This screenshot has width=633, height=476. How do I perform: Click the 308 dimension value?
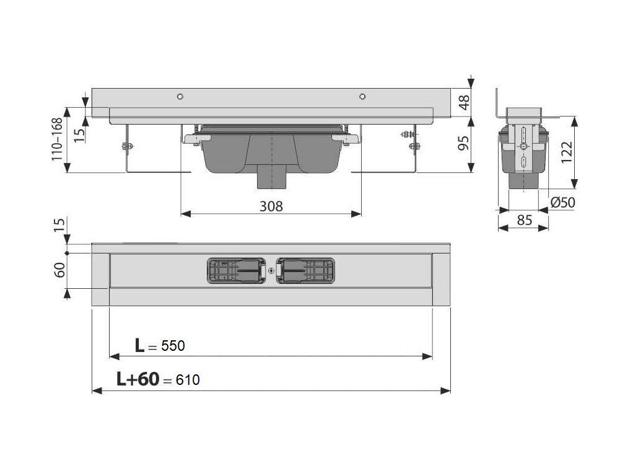click(x=271, y=206)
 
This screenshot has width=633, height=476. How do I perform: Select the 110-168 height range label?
click(x=58, y=139)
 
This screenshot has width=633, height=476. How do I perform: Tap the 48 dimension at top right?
click(x=465, y=102)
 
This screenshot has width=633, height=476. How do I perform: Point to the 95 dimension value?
click(x=465, y=143)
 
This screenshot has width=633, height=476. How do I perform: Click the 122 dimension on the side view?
click(x=567, y=152)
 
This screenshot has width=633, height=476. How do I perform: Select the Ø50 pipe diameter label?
click(x=563, y=202)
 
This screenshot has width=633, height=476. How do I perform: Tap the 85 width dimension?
click(x=525, y=220)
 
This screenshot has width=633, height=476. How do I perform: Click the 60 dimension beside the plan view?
click(x=59, y=270)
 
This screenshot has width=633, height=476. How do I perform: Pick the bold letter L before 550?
click(x=139, y=345)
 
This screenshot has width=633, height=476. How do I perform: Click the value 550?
click(x=173, y=346)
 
